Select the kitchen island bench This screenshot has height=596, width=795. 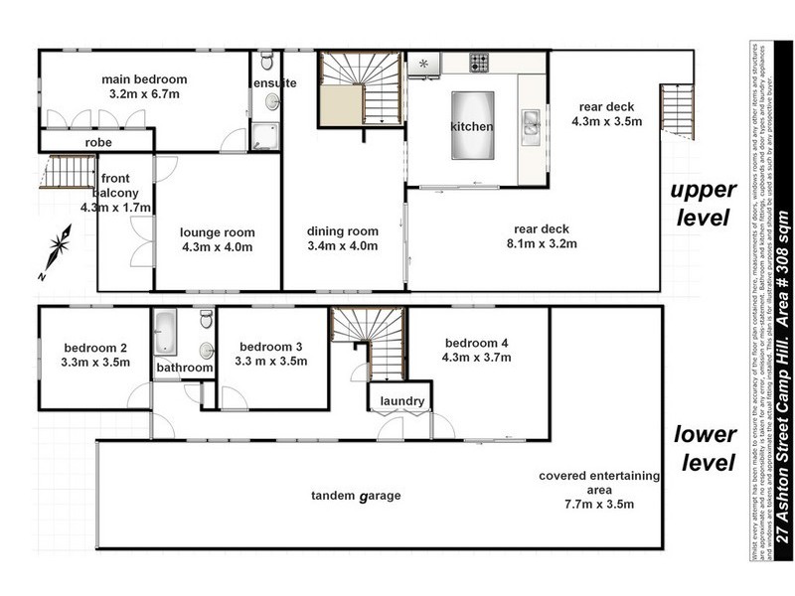(x=473, y=125)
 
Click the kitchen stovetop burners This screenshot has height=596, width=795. (x=480, y=64)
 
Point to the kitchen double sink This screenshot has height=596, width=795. (x=532, y=124)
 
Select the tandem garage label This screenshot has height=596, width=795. (x=355, y=495)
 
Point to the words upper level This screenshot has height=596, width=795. (x=703, y=203)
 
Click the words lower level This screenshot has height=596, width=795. (x=705, y=448)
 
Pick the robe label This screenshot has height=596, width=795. (x=97, y=143)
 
